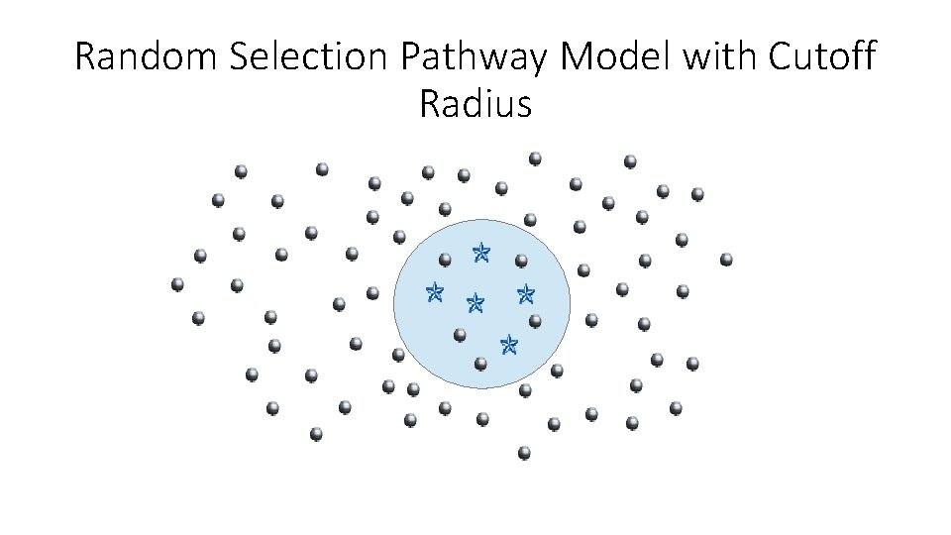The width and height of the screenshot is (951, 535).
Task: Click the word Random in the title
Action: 147,57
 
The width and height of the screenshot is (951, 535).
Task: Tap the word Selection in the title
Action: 311,57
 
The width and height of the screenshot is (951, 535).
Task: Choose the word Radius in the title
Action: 475,103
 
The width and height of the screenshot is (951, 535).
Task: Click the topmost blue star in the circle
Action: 481,253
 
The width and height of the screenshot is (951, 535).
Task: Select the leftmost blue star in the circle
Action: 433,291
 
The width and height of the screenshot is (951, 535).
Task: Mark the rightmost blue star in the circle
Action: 526,293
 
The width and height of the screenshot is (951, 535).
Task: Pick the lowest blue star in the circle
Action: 509,344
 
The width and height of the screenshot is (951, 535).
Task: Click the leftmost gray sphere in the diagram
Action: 177,284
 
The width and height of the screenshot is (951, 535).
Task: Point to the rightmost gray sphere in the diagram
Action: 726,260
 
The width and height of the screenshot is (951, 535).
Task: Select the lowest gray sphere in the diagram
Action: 524,453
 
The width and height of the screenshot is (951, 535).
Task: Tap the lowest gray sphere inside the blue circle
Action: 480,364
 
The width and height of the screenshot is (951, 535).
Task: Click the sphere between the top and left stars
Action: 445,261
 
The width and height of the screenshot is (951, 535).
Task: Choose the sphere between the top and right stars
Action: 521,262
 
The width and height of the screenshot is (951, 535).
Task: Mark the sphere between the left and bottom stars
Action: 460,335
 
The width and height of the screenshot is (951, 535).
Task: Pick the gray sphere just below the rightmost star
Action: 535,321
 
